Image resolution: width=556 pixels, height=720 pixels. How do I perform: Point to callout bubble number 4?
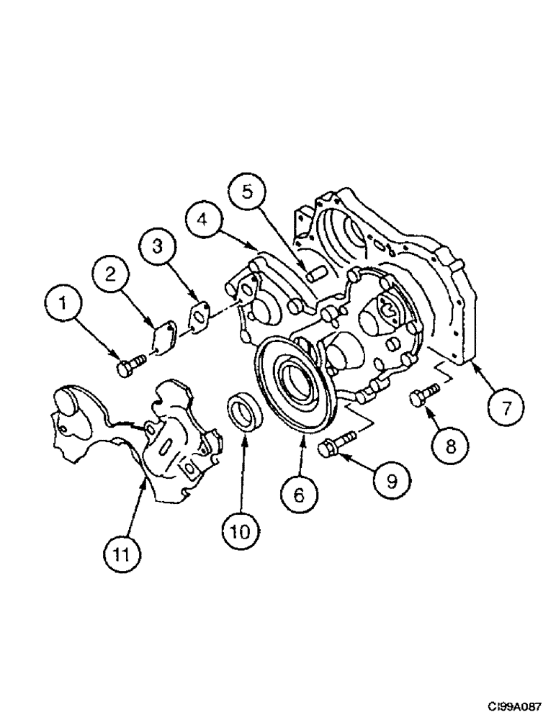pyautogui.click(x=204, y=218)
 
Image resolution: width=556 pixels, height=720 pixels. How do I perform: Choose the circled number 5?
pyautogui.click(x=247, y=192)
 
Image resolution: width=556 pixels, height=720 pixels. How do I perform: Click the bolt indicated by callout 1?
pyautogui.click(x=130, y=367)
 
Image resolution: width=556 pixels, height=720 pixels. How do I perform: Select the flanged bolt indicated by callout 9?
pyautogui.click(x=336, y=445)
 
